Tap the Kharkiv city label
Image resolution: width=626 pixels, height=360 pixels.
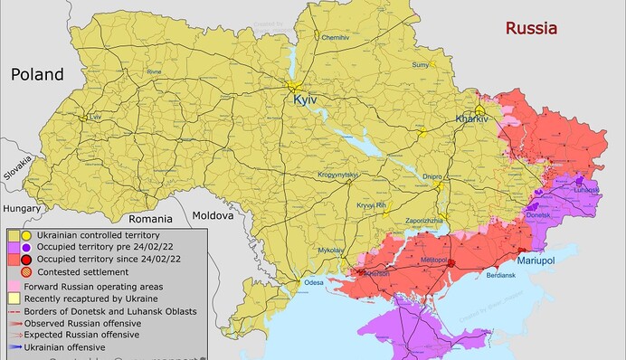pyautogui.click(x=472, y=119)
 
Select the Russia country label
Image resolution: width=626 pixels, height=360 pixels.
pyautogui.click(x=532, y=28)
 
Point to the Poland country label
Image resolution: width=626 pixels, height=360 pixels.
pyautogui.click(x=37, y=74)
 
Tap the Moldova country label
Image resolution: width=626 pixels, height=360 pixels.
pyautogui.click(x=212, y=215)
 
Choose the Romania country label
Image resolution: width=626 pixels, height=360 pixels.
pyautogui.click(x=149, y=218)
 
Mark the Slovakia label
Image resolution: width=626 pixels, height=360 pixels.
pyautogui.click(x=17, y=168)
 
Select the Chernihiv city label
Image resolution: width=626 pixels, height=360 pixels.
pyautogui.click(x=335, y=37)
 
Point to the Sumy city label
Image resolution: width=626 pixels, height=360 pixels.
pyautogui.click(x=421, y=65)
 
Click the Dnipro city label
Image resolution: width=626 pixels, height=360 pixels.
pyautogui.click(x=432, y=176)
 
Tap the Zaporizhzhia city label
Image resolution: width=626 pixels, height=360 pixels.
pyautogui.click(x=422, y=220)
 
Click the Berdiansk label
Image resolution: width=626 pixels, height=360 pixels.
pyautogui.click(x=500, y=274)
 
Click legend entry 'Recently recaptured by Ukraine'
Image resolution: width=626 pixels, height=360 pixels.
pyautogui.click(x=90, y=298)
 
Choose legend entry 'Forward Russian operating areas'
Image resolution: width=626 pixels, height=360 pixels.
pyautogui.click(x=93, y=286)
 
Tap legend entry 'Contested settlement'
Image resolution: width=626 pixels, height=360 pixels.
pyautogui.click(x=76, y=270)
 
